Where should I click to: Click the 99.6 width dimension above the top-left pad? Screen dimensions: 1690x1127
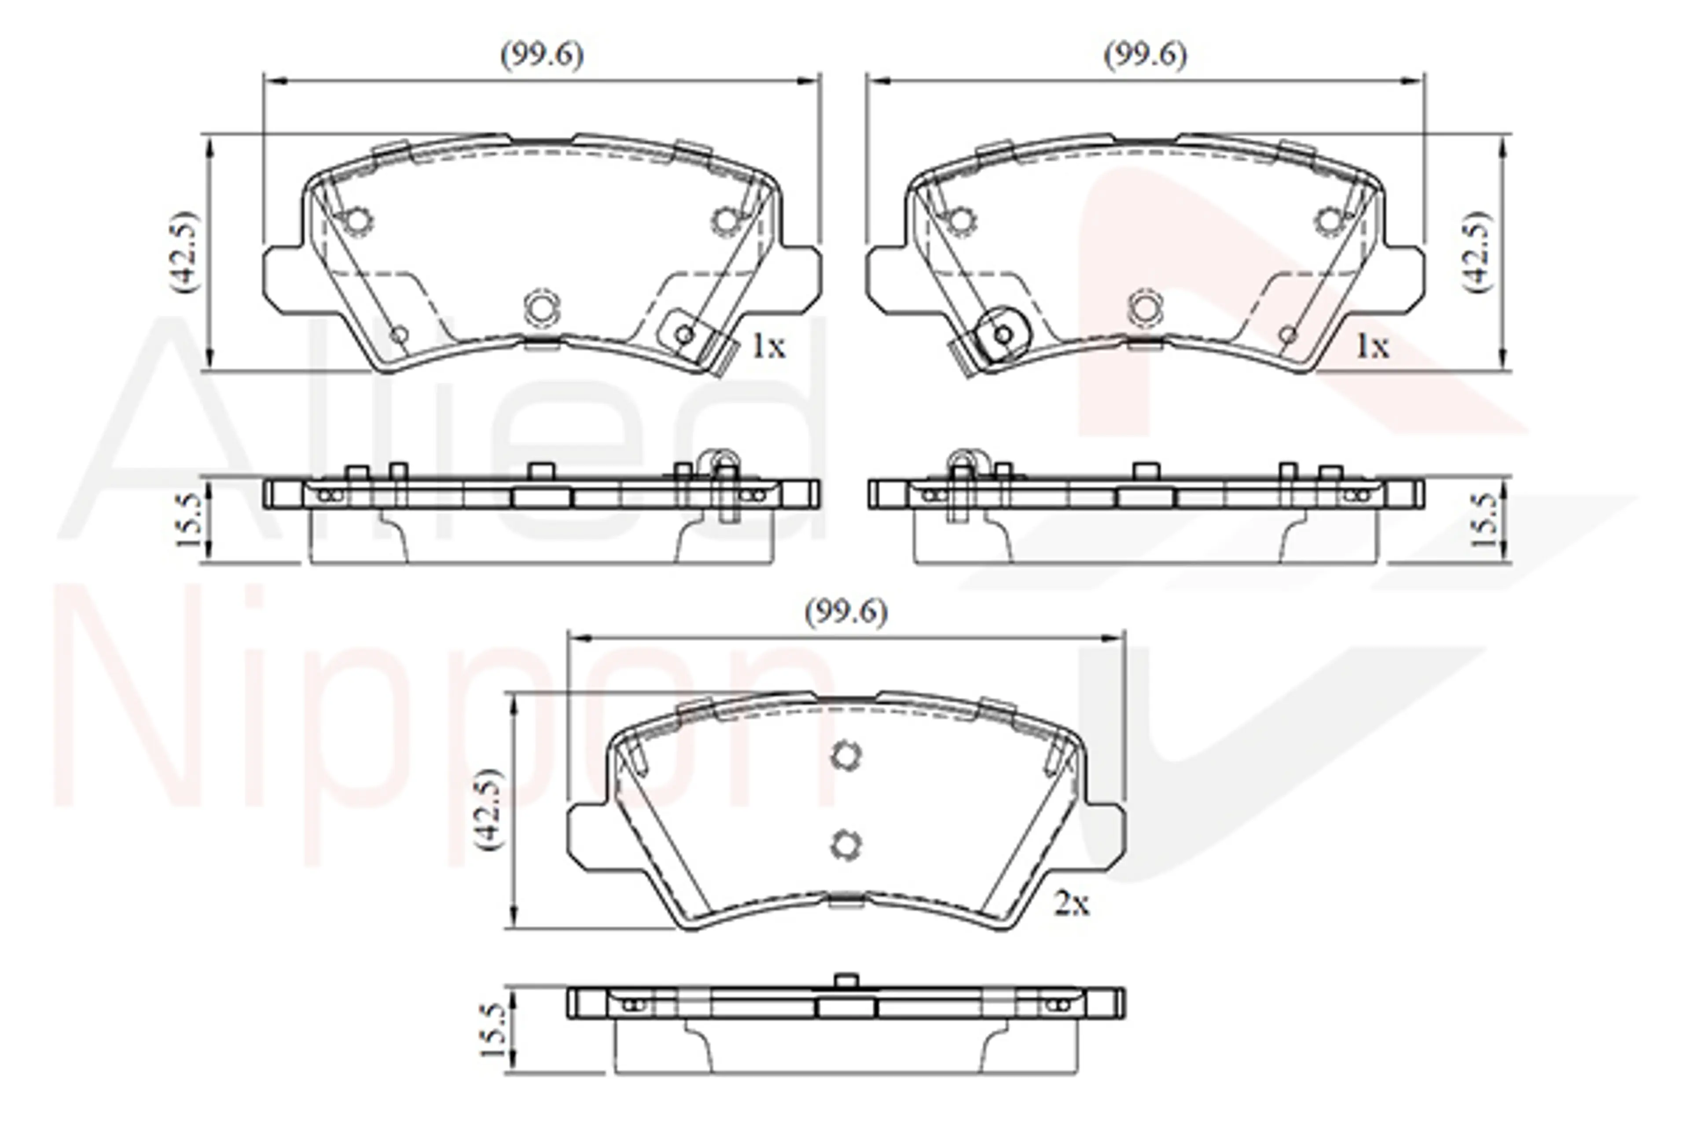[542, 55]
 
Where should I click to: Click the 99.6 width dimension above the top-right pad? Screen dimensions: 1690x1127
[1145, 55]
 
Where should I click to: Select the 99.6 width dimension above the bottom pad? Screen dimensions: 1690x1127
[846, 612]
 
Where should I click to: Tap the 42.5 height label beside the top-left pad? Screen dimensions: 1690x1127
[183, 251]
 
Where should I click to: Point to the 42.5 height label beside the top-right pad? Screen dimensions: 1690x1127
[1477, 251]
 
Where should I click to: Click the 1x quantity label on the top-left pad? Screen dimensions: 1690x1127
[768, 347]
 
